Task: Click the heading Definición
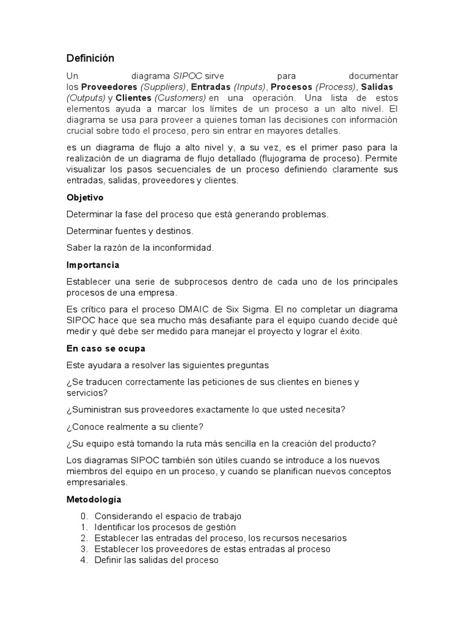(x=90, y=58)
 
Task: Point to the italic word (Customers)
(x=180, y=98)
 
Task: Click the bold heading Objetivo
(x=85, y=197)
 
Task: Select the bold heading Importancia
(x=93, y=265)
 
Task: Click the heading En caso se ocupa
(x=105, y=348)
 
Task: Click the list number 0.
(x=84, y=516)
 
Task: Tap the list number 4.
(x=84, y=560)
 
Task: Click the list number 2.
(x=84, y=538)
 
